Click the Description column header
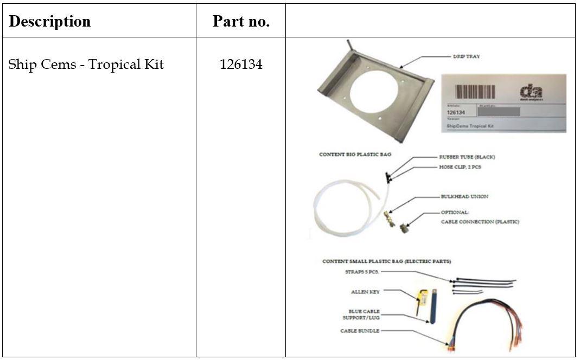tap(50, 22)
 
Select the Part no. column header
tap(241, 22)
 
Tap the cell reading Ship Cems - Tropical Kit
tap(86, 65)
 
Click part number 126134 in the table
tap(241, 65)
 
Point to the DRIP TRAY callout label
tap(466, 56)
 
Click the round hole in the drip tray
tap(374, 92)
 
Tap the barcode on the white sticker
tap(475, 91)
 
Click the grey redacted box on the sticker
tap(498, 112)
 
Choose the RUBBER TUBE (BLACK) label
tap(467, 157)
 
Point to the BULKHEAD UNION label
tap(464, 196)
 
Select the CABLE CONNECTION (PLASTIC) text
tap(479, 221)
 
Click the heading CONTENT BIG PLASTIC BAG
tap(355, 155)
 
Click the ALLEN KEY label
tap(365, 292)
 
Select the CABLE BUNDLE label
tap(360, 331)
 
